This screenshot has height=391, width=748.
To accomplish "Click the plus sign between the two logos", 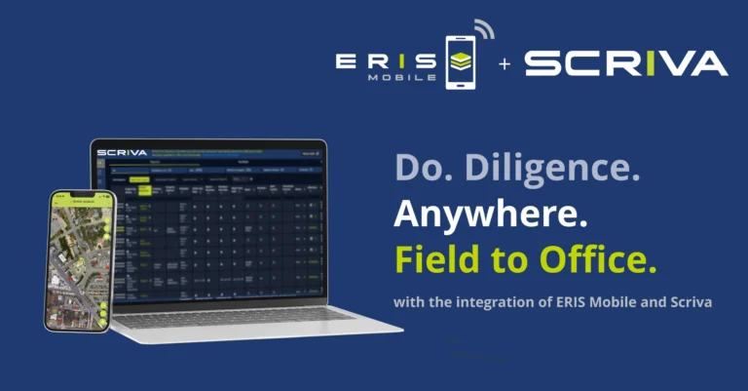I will point(505,64).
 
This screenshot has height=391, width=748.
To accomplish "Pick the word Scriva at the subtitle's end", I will point(692,302).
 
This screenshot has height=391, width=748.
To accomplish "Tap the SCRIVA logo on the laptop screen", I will point(123,153).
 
